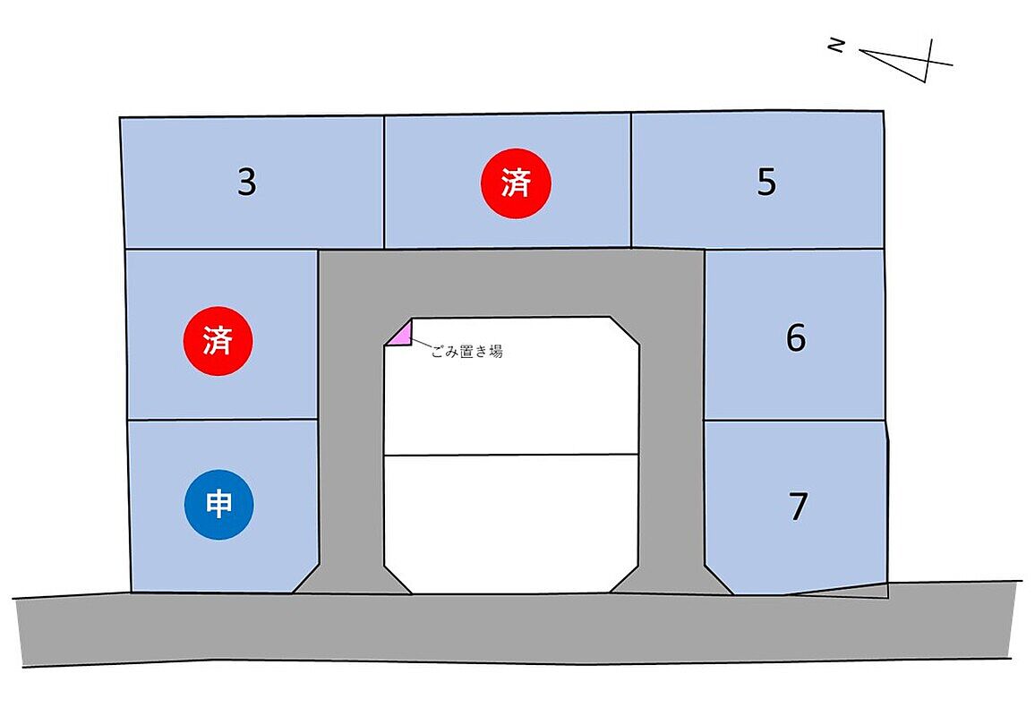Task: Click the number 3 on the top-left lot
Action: coord(247,183)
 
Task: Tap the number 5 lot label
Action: coord(766,183)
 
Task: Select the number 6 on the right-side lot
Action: coord(796,338)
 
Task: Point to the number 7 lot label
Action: coord(799,507)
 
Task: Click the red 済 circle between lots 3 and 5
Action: coord(516,183)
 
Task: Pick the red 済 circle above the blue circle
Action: coord(218,341)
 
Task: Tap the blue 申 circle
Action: coord(219,505)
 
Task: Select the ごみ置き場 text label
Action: coord(466,352)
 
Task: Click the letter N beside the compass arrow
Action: coord(836,45)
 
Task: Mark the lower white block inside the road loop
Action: coord(511,524)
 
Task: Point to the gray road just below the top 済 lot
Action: coord(511,282)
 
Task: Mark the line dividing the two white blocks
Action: coord(511,455)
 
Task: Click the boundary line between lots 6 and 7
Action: coord(794,421)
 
